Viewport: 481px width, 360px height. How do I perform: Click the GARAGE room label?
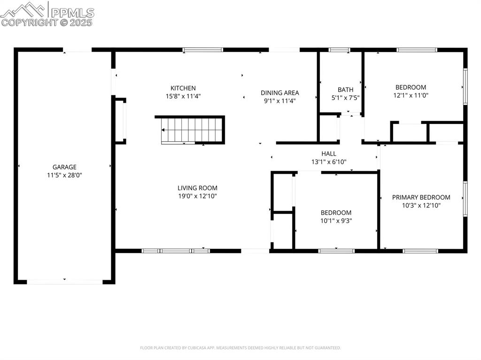(64, 167)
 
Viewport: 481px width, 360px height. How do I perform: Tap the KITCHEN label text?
(183, 88)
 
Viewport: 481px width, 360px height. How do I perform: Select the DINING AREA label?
(280, 92)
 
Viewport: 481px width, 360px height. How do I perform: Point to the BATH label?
(345, 90)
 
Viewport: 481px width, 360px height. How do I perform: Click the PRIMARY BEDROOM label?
(421, 197)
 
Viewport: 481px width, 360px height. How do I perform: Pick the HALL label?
(329, 153)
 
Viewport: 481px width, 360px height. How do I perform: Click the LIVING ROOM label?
(198, 188)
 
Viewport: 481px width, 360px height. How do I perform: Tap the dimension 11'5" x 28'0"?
(64, 176)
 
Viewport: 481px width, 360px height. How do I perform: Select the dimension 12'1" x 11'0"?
(411, 95)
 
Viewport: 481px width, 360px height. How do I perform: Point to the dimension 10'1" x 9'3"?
(336, 221)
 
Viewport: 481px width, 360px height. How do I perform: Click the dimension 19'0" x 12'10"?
(198, 196)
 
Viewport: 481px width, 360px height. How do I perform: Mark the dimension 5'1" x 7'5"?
(345, 98)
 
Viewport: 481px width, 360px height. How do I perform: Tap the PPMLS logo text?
(72, 13)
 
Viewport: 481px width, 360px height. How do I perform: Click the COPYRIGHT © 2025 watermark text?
(47, 23)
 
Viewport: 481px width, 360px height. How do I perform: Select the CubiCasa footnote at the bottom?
(240, 348)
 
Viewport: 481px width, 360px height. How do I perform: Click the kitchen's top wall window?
(203, 50)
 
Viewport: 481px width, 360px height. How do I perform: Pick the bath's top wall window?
(339, 50)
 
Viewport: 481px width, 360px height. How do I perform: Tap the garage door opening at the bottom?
(65, 282)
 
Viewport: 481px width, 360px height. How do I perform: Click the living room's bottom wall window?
(176, 251)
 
